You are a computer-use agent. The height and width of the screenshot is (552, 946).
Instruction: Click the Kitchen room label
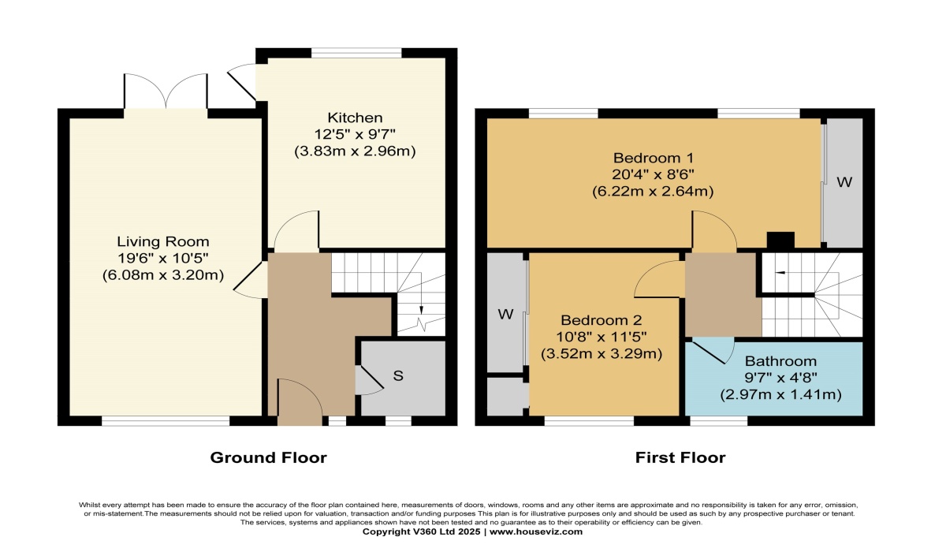(x=356, y=118)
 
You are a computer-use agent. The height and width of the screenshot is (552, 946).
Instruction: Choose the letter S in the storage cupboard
(x=398, y=376)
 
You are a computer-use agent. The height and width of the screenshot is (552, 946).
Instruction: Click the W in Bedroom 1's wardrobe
(x=844, y=182)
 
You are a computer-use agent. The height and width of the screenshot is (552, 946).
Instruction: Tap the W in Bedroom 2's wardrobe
(x=505, y=315)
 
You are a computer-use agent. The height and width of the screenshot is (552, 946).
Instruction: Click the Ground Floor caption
(x=268, y=457)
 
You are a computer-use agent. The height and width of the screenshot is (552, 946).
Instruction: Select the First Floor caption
(x=680, y=457)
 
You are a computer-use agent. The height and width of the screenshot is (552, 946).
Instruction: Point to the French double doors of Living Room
(x=166, y=91)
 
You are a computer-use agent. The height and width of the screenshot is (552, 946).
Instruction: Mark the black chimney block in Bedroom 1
(x=780, y=240)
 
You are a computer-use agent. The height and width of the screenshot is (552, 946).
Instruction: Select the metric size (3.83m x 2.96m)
(x=356, y=151)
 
